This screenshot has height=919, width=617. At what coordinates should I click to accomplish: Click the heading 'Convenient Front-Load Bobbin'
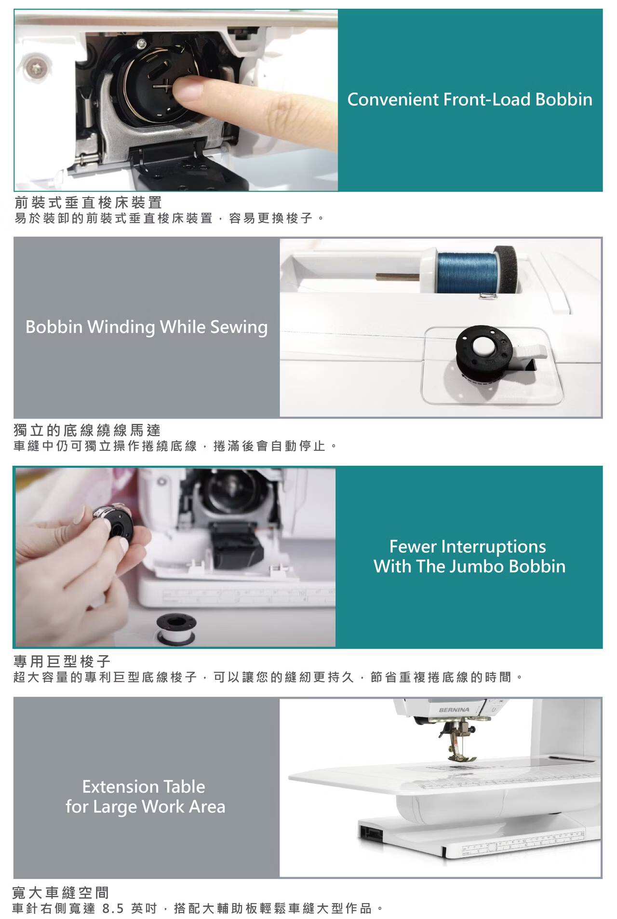click(469, 99)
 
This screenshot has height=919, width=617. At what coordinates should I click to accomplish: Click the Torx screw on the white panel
click(37, 68)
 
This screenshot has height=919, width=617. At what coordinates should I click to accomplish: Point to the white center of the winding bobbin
click(482, 347)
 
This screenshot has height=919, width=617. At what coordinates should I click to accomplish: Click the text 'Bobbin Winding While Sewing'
click(147, 327)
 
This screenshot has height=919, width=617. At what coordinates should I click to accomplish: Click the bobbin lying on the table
click(176, 629)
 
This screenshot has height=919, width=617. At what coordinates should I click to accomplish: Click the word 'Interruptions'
click(494, 547)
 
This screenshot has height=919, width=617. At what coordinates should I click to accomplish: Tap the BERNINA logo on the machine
click(454, 710)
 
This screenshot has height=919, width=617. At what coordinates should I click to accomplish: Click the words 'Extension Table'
click(144, 787)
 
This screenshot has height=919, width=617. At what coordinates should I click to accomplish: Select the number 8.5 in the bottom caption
click(113, 908)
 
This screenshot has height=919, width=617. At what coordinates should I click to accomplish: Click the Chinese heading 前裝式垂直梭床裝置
click(88, 203)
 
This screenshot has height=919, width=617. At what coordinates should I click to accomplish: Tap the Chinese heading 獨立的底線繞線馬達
click(87, 430)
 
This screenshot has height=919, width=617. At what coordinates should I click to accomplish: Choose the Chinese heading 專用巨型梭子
click(62, 661)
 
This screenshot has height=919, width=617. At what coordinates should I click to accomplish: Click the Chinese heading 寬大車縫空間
click(61, 892)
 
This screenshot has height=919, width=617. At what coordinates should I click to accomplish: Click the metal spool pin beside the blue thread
click(398, 277)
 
